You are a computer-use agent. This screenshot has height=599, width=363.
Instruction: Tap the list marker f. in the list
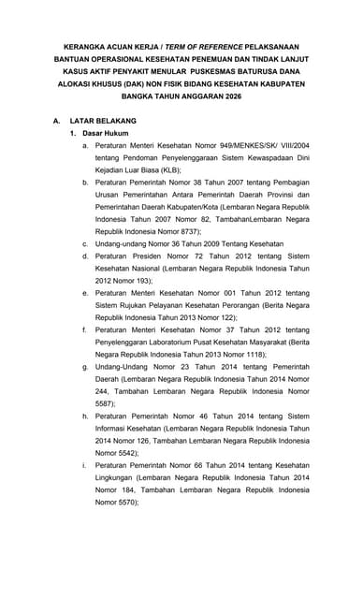(x=85, y=329)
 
